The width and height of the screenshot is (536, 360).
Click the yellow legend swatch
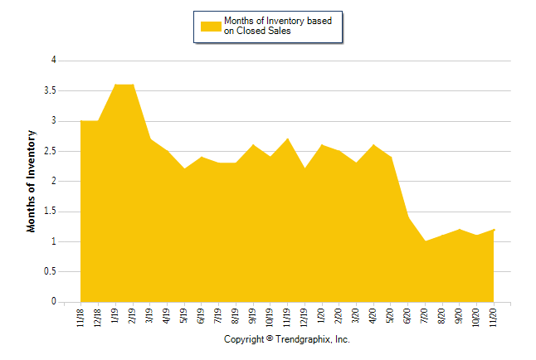click(x=211, y=26)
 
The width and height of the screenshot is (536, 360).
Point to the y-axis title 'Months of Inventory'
click(x=32, y=181)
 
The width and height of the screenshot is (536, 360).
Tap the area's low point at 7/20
click(x=426, y=241)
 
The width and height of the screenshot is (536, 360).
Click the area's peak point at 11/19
click(x=288, y=139)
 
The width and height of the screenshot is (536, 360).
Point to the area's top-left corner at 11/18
click(x=80, y=121)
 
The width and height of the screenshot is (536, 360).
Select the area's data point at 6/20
click(x=408, y=217)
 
